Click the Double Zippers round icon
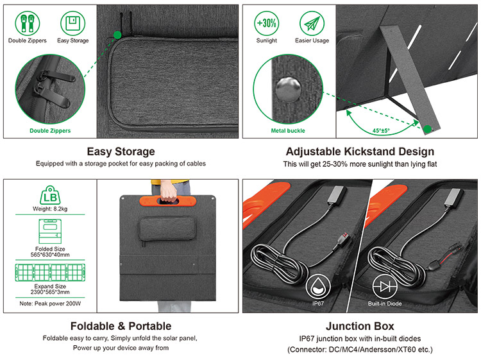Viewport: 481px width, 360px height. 28,23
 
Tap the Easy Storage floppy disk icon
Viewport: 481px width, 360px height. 72,23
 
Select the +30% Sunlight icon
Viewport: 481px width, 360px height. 267,23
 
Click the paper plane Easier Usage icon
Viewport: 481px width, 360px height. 312,23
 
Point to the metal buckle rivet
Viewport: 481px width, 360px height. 288,90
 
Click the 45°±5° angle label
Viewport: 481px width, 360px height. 382,130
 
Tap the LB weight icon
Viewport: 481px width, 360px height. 50,195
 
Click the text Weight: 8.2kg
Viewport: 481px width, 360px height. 50,209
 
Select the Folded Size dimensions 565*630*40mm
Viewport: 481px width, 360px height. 50,255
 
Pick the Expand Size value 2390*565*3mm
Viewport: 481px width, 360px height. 50,292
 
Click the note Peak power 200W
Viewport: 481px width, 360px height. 50,304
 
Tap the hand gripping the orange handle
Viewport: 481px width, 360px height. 168,191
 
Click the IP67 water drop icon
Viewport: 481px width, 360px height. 318,287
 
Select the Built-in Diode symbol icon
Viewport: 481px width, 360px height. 385,287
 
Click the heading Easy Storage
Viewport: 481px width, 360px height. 121,151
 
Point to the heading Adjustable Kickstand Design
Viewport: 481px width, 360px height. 360,151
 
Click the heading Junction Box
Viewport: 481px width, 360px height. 360,326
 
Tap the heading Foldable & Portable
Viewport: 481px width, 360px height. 121,326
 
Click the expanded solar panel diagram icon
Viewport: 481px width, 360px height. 50,273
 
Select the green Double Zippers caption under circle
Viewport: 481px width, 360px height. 50,131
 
